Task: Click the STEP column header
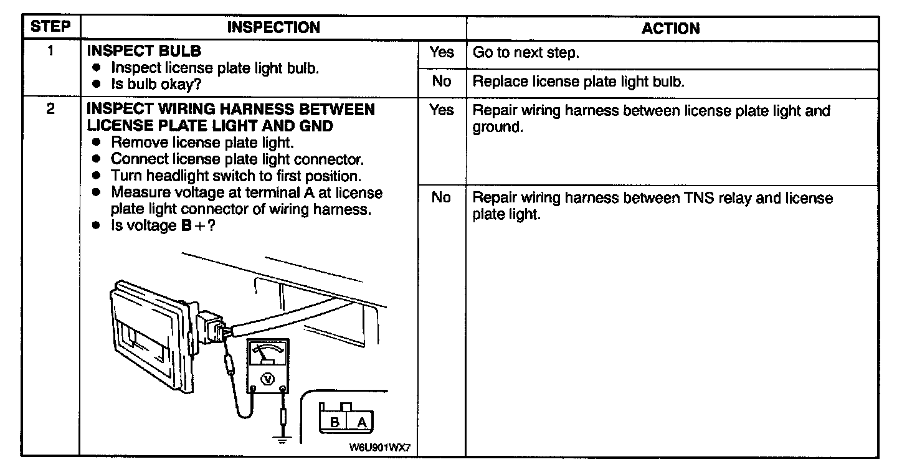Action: [51, 27]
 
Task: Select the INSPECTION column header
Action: [273, 27]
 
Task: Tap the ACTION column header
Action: [671, 28]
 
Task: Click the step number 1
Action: [50, 52]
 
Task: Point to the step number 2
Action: [50, 109]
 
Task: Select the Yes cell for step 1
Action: [441, 52]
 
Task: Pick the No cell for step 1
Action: [441, 82]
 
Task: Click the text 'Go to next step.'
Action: [526, 53]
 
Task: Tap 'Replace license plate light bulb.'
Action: [579, 82]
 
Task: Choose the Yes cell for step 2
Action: [441, 111]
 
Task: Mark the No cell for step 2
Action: [441, 198]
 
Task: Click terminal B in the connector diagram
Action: [335, 423]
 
